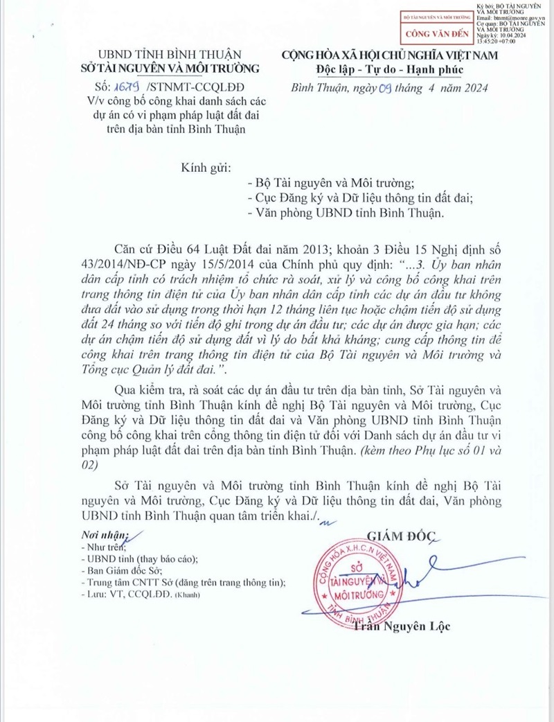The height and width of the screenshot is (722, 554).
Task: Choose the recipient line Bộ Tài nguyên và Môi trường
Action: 330,184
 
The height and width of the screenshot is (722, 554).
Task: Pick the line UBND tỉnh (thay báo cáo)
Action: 139,558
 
